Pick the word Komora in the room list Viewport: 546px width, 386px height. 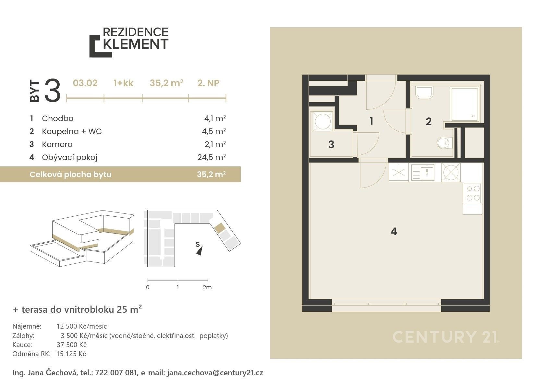(57, 144)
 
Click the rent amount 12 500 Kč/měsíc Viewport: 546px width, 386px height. (82, 326)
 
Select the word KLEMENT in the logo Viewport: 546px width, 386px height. (136, 44)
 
